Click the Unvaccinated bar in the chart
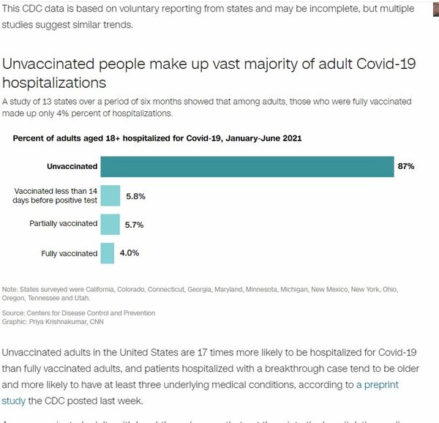click(x=247, y=167)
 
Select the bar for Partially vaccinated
click(x=110, y=224)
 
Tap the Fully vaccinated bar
click(x=107, y=253)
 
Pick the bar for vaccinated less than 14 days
click(x=110, y=195)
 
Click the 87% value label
click(x=406, y=167)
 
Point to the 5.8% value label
click(x=136, y=195)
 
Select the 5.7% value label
click(x=136, y=224)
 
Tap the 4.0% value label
click(x=130, y=253)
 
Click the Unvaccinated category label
click(x=72, y=167)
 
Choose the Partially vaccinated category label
click(x=63, y=224)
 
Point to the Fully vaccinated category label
click(x=70, y=253)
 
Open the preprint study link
click(x=378, y=384)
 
